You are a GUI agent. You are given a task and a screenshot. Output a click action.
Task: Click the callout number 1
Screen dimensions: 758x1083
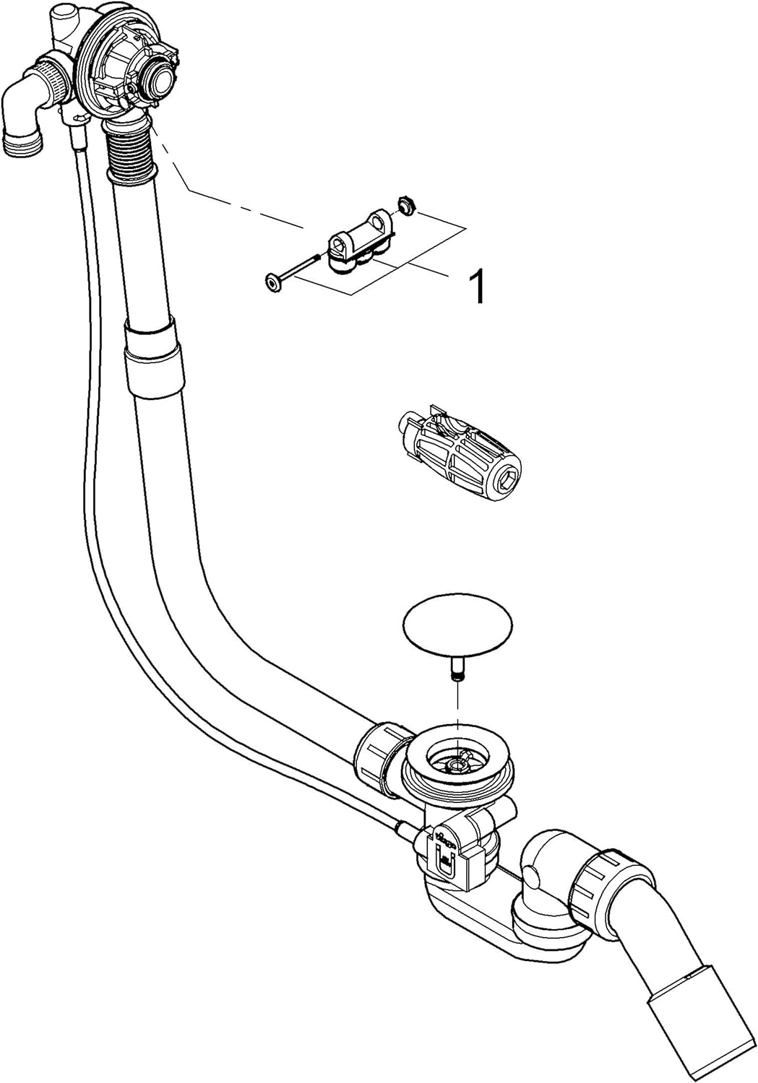478,287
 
